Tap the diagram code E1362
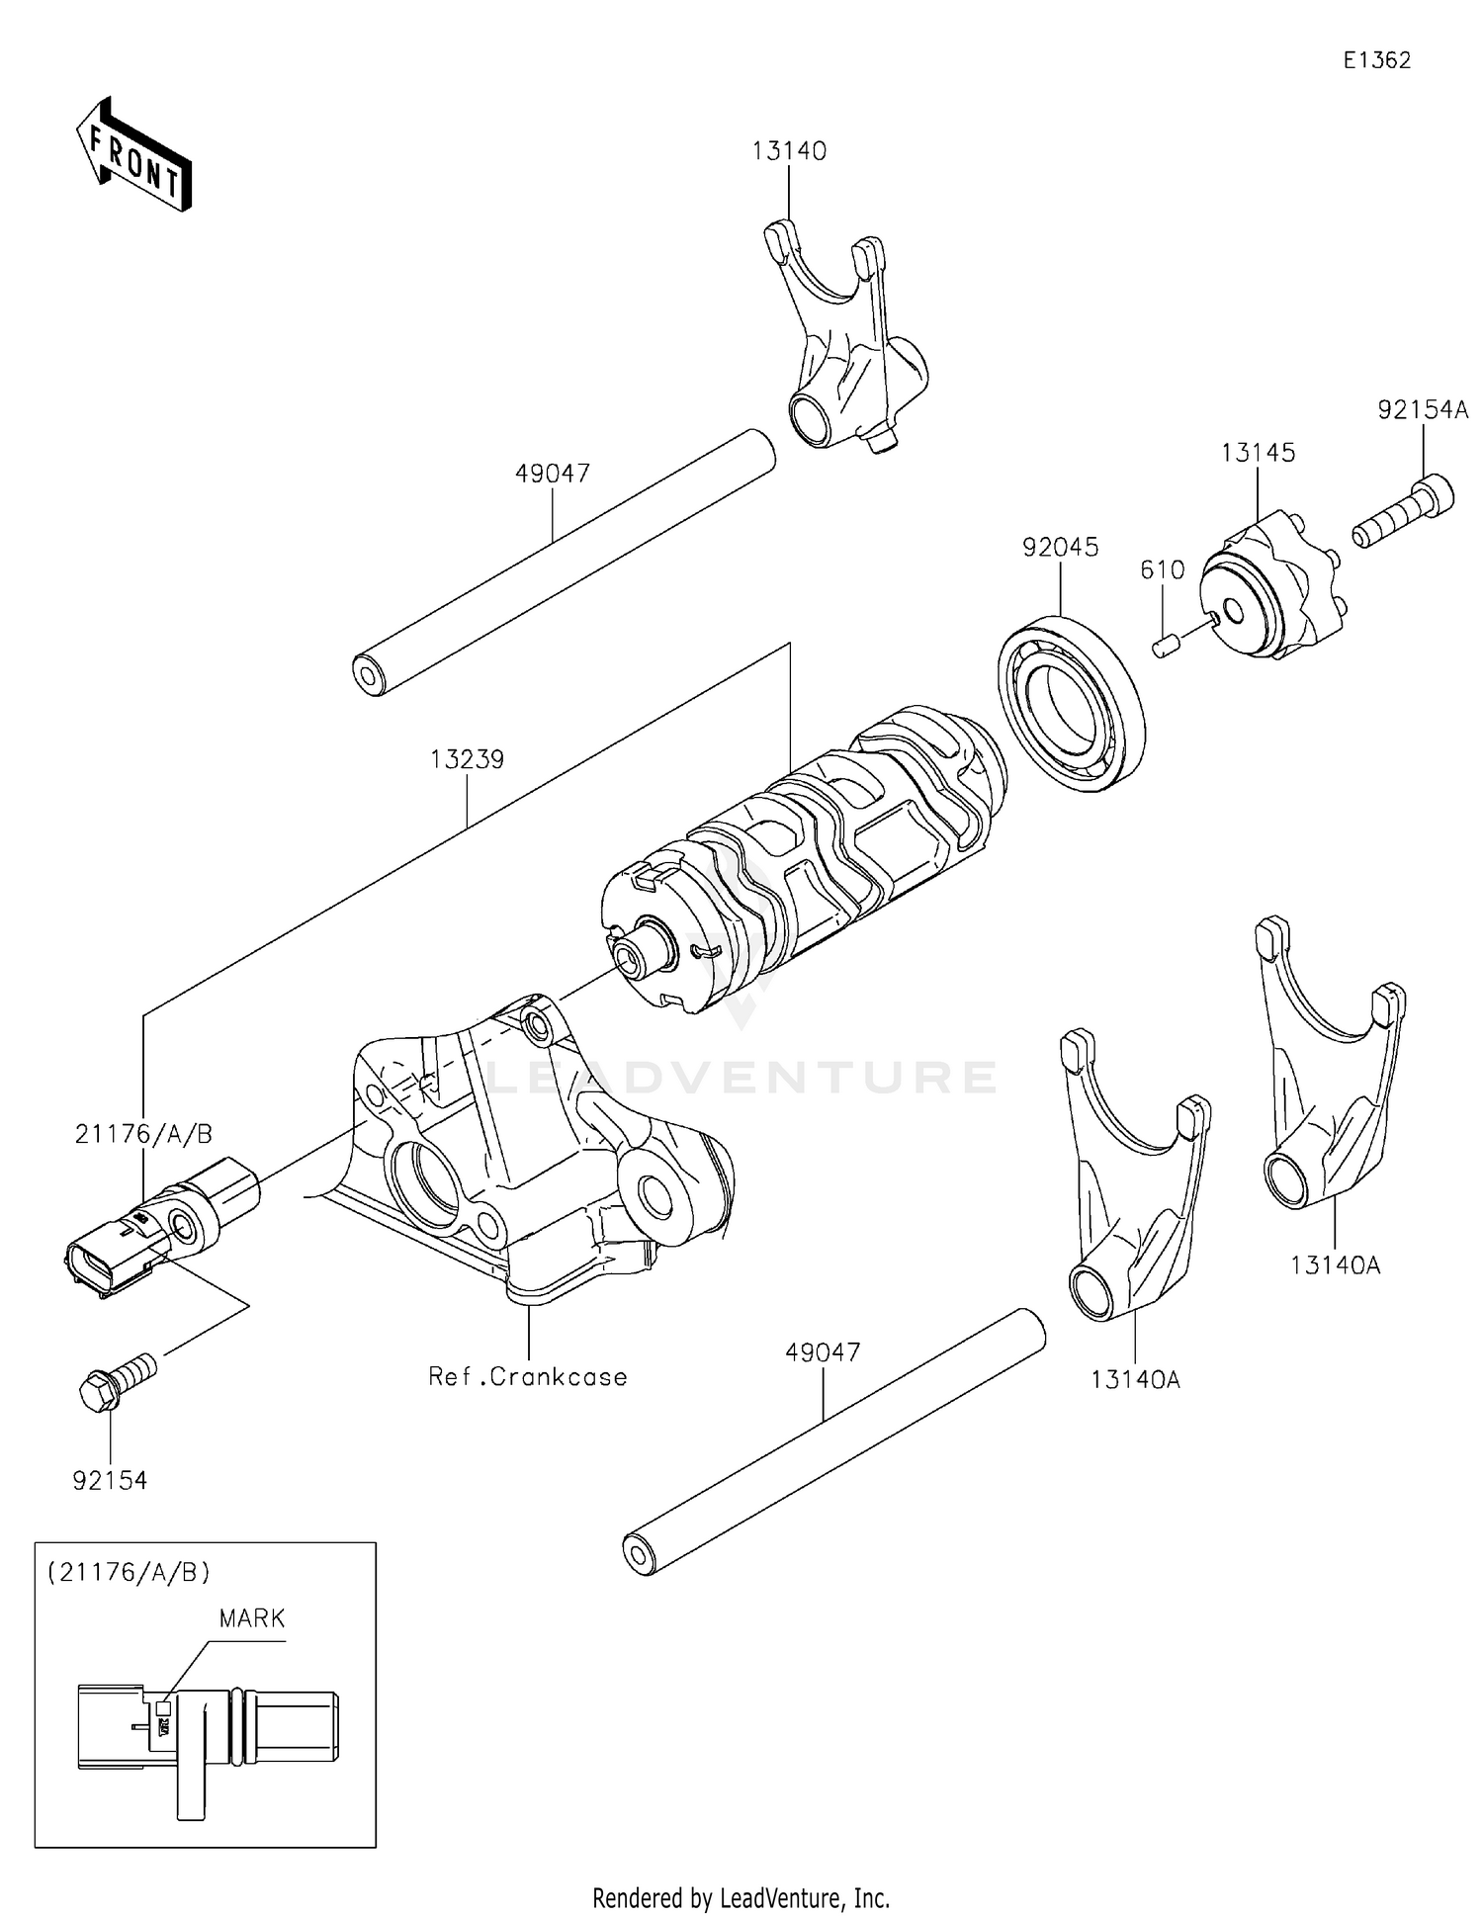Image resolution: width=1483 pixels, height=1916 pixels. (1376, 60)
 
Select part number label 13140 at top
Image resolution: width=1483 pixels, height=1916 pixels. (788, 151)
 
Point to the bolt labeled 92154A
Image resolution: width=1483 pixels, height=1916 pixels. (1404, 515)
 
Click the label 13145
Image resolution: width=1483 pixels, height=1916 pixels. (1257, 453)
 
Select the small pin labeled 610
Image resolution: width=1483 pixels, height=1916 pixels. (1166, 647)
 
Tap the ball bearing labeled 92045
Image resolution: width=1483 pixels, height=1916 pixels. (1072, 702)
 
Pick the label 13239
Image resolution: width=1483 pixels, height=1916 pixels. (467, 759)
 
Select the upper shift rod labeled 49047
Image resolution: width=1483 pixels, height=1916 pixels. (564, 562)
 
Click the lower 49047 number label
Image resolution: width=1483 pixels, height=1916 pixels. (823, 1351)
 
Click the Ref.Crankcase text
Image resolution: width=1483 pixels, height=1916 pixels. (527, 1377)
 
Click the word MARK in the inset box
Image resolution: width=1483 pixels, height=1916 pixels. (251, 1618)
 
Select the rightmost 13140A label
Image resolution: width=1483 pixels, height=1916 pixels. (1334, 1264)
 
